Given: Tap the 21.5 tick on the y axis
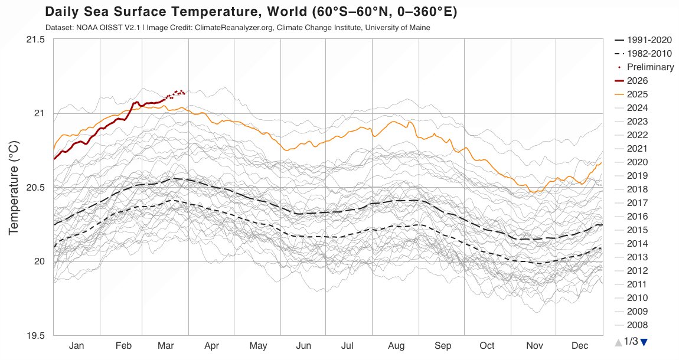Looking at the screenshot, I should click(35, 40).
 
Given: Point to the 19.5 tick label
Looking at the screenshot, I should click(35, 336).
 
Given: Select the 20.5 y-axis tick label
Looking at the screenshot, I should click(35, 188).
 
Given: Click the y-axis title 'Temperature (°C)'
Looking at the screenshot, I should click(14, 188).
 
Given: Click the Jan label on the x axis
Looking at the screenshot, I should click(76, 346).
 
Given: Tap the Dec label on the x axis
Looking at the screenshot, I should click(579, 346).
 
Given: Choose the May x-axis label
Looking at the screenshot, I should click(258, 346).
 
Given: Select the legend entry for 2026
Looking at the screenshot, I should click(637, 81).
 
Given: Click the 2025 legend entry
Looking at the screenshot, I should click(637, 94).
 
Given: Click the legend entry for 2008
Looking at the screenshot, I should click(637, 325).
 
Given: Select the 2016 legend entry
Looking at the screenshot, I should click(637, 217).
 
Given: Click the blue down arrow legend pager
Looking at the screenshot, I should click(644, 342).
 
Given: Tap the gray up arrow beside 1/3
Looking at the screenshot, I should click(618, 342).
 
